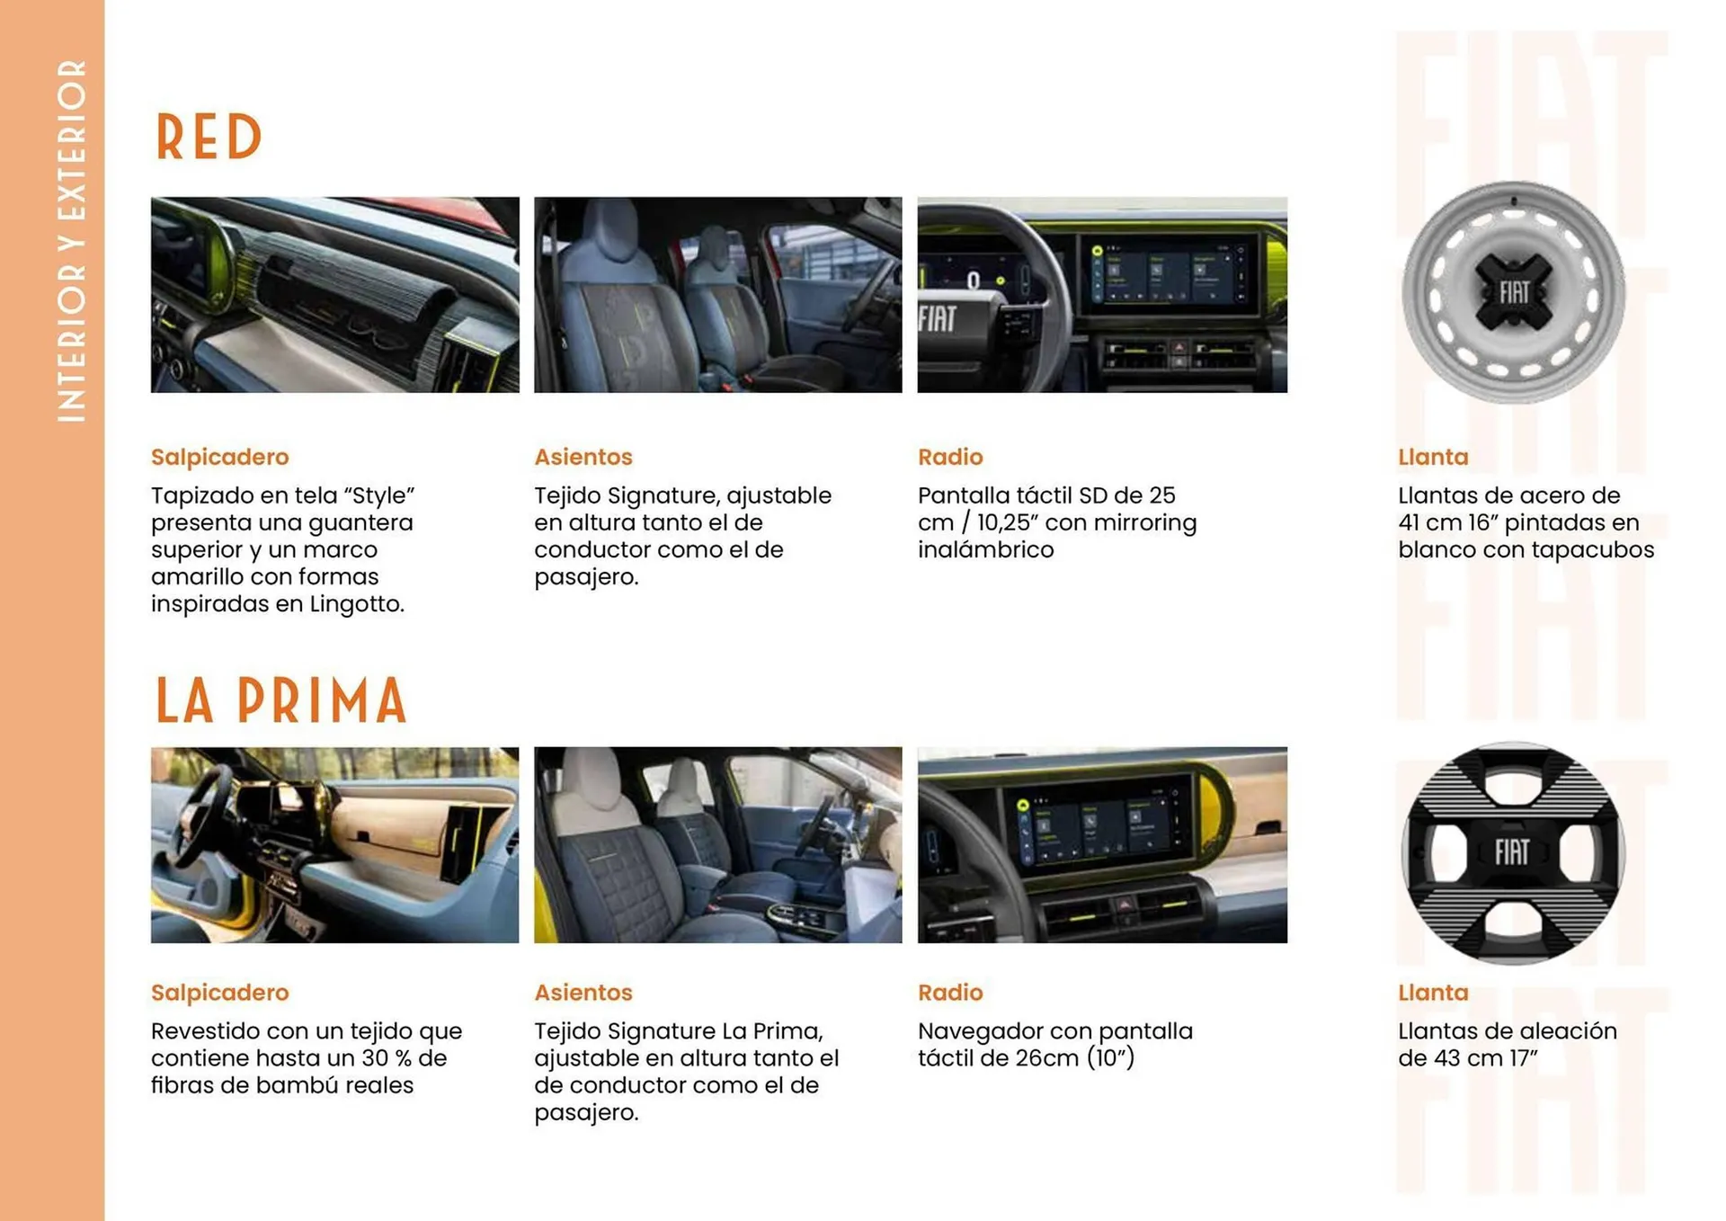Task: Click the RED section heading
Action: click(209, 138)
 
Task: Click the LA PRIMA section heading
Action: click(281, 700)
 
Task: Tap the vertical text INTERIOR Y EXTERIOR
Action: click(71, 241)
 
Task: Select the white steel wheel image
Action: click(1513, 292)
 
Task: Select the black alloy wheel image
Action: click(1513, 852)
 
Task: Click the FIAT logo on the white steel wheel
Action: click(1514, 292)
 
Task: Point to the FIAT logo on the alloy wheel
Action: click(1512, 851)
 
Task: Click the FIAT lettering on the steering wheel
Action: click(938, 318)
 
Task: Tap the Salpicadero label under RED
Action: click(220, 457)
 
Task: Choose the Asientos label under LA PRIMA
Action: click(583, 992)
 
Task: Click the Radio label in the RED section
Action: click(950, 457)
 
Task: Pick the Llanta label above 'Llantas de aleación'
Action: click(1433, 992)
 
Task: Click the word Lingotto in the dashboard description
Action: click(357, 604)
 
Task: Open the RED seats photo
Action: click(718, 295)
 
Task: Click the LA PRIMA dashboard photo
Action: click(334, 845)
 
